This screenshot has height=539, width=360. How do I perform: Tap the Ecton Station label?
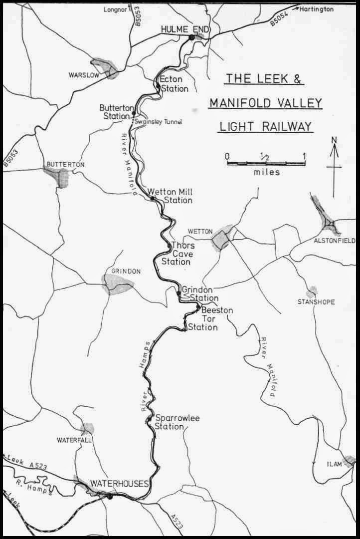click(x=174, y=84)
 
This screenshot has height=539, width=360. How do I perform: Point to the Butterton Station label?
click(x=114, y=112)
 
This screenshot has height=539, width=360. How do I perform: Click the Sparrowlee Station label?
click(x=177, y=422)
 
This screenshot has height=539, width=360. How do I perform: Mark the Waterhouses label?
click(x=119, y=484)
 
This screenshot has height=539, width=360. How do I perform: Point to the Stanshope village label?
click(x=316, y=302)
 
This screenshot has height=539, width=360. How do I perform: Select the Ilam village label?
click(x=334, y=464)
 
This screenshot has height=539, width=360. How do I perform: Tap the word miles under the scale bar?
click(x=266, y=173)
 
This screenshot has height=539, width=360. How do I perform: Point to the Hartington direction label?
click(x=317, y=9)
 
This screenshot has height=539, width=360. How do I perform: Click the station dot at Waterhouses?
click(x=110, y=496)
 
